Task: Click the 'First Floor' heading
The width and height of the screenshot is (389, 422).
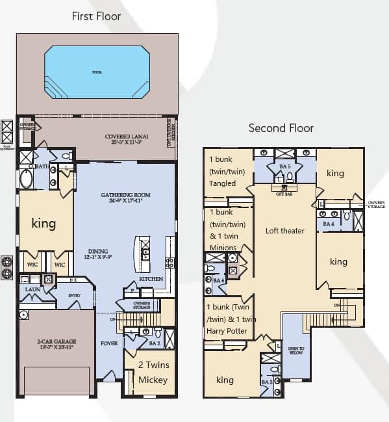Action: (x=96, y=16)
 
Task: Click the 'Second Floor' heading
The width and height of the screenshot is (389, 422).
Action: (x=281, y=128)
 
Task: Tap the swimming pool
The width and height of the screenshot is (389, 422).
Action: (x=96, y=72)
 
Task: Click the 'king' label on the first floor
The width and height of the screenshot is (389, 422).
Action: (x=44, y=224)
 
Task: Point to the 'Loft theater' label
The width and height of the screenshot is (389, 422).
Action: (x=284, y=231)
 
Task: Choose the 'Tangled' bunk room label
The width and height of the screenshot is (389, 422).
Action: (x=223, y=183)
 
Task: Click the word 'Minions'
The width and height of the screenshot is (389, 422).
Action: (x=223, y=248)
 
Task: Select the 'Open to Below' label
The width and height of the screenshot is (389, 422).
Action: (x=297, y=352)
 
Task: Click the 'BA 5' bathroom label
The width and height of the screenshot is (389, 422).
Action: (x=284, y=167)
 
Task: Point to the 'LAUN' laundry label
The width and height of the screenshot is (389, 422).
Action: (x=33, y=289)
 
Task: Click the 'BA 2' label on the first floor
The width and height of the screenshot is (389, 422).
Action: (x=155, y=343)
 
